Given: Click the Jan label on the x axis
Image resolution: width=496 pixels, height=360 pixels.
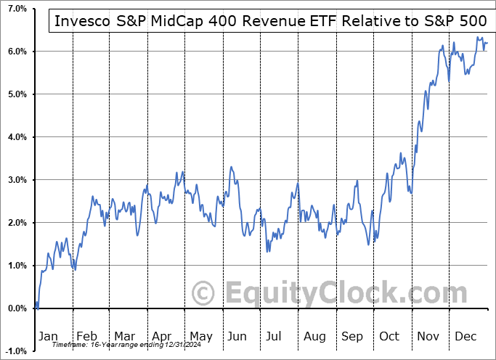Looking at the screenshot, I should pos(47,337).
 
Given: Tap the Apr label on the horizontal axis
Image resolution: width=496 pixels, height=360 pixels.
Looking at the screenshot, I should pos(162,337).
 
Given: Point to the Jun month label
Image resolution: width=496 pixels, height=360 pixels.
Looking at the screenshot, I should pos(237,337).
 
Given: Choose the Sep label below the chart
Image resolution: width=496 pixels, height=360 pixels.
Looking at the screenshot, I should pos(351,337).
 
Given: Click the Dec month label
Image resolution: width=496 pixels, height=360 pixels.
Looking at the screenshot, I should pos(465,337).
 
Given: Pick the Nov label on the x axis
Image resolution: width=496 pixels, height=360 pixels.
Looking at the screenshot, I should pos(427,337).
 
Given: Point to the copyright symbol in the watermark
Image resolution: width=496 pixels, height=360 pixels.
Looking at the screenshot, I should pos(205,293).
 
